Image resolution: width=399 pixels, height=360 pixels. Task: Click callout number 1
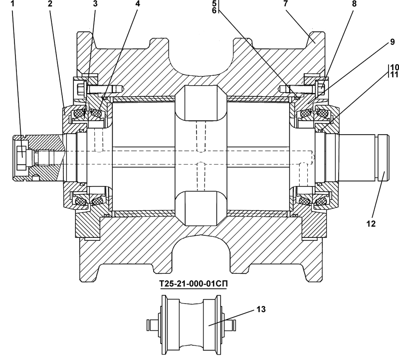tap(12, 3)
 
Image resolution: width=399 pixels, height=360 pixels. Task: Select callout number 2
tap(50, 3)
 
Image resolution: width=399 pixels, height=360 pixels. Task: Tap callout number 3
tap(95, 3)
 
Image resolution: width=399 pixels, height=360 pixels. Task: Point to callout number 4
tap(138, 3)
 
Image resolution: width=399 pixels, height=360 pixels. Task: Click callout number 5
tap(214, 3)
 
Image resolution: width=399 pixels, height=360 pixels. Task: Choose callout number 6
tap(214, 10)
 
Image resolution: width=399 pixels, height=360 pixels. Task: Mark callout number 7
tap(285, 3)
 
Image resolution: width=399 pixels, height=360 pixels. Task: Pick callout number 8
tap(354, 3)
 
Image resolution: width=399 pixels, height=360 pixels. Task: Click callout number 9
tap(392, 42)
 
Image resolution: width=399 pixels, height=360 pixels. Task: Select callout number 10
tap(394, 67)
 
